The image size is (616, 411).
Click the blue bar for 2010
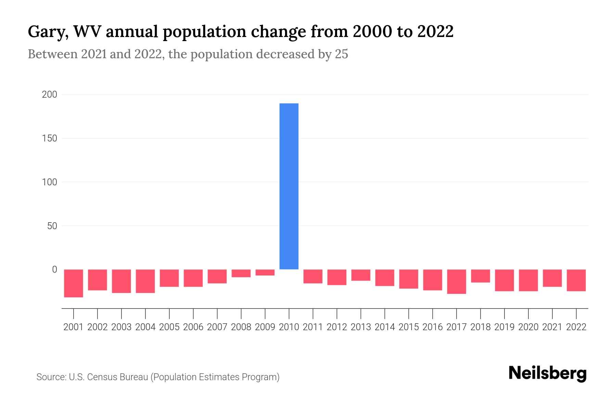(x=289, y=186)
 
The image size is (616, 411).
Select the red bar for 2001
(x=74, y=283)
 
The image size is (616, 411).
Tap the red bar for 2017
(x=457, y=282)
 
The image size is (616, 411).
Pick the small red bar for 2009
(x=265, y=273)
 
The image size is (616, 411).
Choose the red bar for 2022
(x=576, y=280)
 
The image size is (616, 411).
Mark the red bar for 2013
(x=361, y=275)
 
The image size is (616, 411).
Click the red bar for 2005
(x=169, y=278)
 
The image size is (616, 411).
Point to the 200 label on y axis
(x=49, y=95)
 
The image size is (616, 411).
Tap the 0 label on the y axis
(x=54, y=270)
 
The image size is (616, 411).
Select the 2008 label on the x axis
(x=241, y=327)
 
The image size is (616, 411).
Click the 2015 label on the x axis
(x=409, y=327)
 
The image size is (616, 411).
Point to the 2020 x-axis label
(x=528, y=327)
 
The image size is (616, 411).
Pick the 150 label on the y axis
(x=49, y=138)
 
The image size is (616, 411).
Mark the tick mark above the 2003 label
(x=121, y=313)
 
